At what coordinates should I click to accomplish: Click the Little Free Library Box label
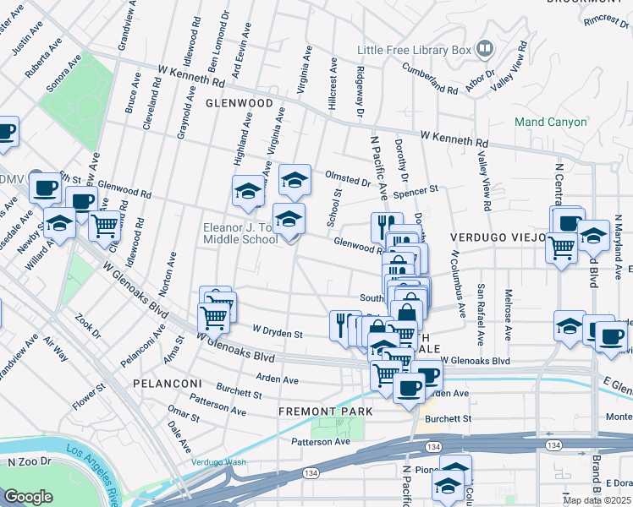point(413,50)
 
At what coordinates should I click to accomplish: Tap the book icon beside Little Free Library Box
point(484,49)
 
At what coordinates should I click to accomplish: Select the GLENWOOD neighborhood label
point(239,103)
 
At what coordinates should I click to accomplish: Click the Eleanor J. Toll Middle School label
point(239,233)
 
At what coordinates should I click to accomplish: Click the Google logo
point(28,497)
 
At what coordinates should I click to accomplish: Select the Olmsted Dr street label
point(348,178)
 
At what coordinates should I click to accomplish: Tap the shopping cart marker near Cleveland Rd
point(104,226)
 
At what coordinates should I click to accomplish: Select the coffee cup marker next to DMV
point(45,187)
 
